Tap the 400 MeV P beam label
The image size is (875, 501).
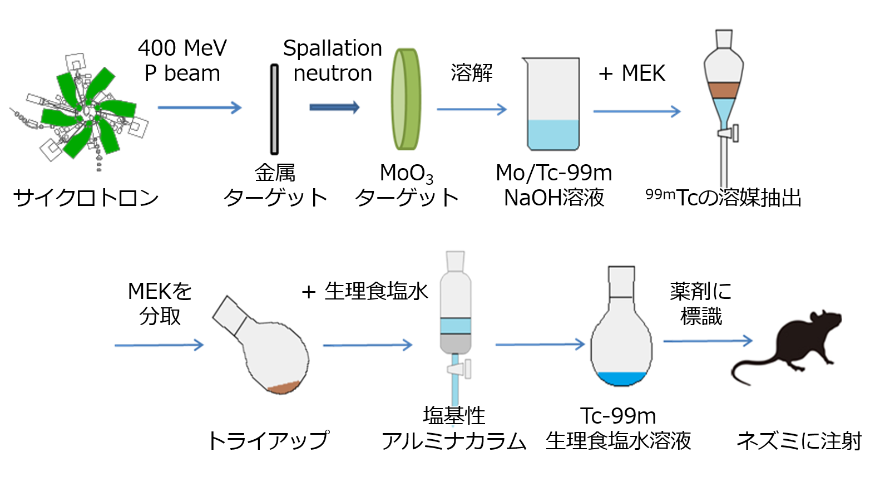tap(182, 61)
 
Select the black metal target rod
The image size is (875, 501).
tap(274, 109)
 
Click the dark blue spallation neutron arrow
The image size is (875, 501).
tap(334, 107)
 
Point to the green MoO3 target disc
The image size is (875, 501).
tap(406, 99)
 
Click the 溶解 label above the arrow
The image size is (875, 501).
tap(472, 73)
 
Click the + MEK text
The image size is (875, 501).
tap(632, 73)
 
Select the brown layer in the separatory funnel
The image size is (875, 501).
tap(723, 90)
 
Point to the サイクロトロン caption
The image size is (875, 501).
tap(86, 198)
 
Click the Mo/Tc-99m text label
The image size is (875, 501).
tap(554, 173)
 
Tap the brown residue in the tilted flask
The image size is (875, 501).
tap(284, 387)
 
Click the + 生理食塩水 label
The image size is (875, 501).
tap(365, 291)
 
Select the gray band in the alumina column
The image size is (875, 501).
tap(456, 342)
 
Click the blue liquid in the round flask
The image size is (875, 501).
tap(621, 379)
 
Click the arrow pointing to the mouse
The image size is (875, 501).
tap(708, 341)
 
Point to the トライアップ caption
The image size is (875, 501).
tap(268, 440)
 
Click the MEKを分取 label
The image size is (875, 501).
tap(160, 303)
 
